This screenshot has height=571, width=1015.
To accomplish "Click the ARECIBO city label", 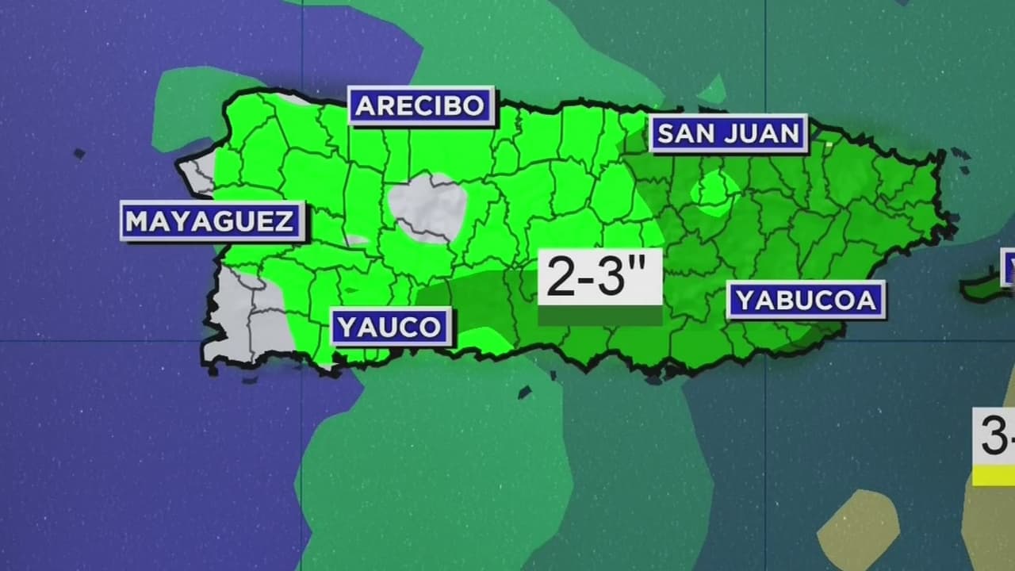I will click(421, 105).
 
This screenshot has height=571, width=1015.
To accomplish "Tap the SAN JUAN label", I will click(728, 133).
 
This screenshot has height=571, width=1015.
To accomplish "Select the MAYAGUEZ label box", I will click(212, 220).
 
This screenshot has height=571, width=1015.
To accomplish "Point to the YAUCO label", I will click(390, 327).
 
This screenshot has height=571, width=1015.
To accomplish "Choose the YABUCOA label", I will click(805, 300).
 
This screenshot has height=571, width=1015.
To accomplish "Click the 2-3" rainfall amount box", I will click(599, 278).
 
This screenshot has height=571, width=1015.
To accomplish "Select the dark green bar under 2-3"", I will click(599, 316).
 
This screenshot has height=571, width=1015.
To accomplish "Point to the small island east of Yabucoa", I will click(983, 287).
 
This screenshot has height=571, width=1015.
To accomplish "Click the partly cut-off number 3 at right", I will click(995, 436).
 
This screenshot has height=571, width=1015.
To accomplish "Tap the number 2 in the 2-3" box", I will click(560, 278).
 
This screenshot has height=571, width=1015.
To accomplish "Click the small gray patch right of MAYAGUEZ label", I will click(358, 240).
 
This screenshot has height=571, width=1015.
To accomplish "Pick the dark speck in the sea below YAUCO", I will click(525, 392).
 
